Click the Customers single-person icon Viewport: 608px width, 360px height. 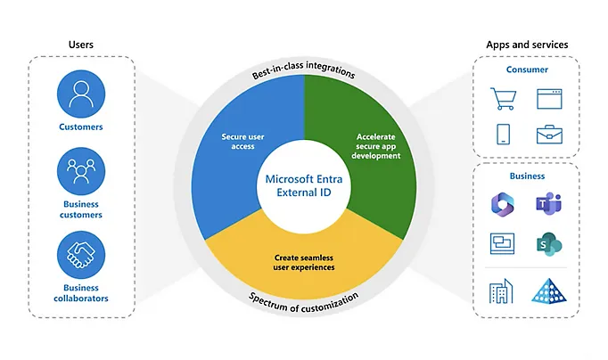tap(80, 94)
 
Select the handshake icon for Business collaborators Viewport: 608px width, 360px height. tap(80, 256)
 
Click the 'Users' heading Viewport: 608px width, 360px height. tap(80, 45)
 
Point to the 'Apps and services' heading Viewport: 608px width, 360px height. tap(527, 45)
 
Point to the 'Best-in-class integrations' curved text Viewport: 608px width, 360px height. tap(303, 70)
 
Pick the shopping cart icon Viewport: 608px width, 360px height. tap(503, 97)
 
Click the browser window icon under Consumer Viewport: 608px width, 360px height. tap(550, 97)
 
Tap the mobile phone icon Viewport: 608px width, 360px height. tap(503, 135)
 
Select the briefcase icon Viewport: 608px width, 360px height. tap(550, 135)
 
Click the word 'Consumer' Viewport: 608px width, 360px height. tap(528, 70)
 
